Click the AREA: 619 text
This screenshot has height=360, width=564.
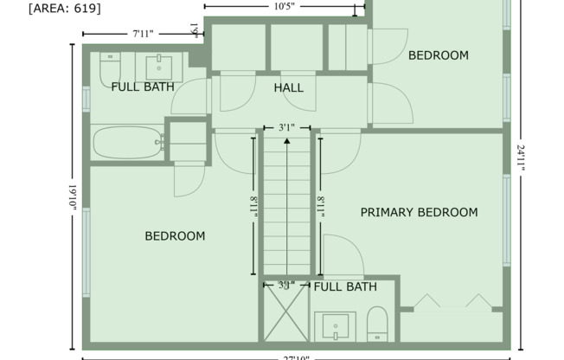point(64,10)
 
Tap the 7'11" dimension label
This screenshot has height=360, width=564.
point(144,34)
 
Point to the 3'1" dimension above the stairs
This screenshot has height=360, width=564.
point(287,127)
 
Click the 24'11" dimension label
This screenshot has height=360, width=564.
point(522,161)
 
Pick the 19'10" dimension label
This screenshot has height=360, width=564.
point(73,200)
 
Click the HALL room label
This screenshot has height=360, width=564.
point(288,88)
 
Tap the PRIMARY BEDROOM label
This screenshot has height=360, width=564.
point(419,212)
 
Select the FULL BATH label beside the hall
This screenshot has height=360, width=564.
point(143,87)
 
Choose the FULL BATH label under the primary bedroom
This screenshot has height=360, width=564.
point(345,286)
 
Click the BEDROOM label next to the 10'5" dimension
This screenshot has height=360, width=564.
point(438,55)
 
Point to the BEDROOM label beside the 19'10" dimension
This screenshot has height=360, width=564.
point(175,235)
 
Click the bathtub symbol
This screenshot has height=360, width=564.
point(128,143)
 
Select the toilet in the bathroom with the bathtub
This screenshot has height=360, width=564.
point(109,67)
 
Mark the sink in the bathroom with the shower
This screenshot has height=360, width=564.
point(335,326)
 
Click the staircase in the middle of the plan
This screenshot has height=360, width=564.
point(287,203)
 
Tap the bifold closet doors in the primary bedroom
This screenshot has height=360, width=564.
point(453,302)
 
